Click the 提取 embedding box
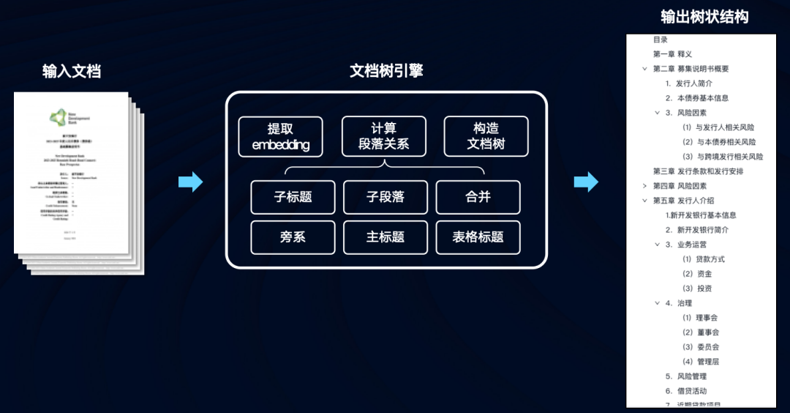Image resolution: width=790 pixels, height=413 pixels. [280, 137]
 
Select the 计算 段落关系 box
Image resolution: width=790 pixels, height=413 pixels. [383, 137]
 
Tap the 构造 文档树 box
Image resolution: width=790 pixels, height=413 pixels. [486, 137]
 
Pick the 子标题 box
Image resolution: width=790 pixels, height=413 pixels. [293, 197]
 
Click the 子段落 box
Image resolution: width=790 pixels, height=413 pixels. [385, 197]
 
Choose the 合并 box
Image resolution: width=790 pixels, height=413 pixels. [478, 197]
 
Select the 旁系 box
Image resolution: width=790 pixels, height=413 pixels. [293, 237]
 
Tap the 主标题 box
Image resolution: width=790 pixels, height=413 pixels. [385, 237]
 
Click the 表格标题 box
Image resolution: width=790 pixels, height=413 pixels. [478, 237]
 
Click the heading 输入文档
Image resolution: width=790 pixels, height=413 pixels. [72, 71]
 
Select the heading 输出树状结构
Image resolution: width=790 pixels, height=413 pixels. [704, 16]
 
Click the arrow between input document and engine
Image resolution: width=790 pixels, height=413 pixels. [190, 182]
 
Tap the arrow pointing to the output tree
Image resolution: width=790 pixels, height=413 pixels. [585, 182]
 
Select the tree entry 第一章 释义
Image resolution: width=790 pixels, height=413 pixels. [672, 54]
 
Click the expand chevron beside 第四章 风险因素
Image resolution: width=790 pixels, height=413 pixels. [644, 186]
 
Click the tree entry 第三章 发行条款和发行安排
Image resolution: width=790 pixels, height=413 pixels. [698, 171]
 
